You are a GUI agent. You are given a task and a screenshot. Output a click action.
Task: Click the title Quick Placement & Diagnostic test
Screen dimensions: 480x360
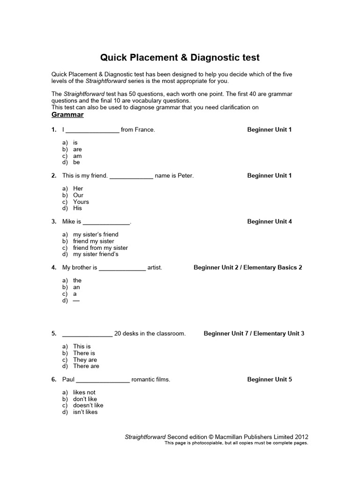click(180, 58)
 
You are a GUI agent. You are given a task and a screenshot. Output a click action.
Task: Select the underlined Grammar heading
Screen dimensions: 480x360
click(67, 115)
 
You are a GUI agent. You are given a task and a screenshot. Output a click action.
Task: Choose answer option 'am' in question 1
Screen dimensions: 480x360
click(77, 156)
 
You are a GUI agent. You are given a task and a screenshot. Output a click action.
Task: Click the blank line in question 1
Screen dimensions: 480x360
click(92, 130)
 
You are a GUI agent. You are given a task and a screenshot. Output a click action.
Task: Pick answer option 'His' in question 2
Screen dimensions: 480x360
click(77, 208)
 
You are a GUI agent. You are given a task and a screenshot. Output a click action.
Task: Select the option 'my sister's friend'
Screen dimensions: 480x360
click(96, 234)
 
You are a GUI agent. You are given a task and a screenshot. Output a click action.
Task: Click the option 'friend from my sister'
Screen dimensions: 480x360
click(100, 247)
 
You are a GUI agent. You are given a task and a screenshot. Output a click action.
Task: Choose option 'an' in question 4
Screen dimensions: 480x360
click(76, 287)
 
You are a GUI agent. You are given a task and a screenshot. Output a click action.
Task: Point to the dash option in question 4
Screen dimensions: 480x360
click(76, 300)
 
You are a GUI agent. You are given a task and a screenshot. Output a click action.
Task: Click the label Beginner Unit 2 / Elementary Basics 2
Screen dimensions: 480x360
click(247, 268)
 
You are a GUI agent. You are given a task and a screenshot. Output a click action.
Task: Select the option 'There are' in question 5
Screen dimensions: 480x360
click(86, 366)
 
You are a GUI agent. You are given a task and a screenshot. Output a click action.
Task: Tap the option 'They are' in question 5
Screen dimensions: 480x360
click(85, 360)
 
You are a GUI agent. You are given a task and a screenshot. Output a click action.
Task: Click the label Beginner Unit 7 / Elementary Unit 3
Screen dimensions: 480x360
click(254, 334)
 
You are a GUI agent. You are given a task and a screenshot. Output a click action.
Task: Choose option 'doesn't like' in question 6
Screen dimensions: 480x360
click(88, 405)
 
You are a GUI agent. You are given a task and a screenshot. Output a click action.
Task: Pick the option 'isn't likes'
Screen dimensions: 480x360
click(85, 412)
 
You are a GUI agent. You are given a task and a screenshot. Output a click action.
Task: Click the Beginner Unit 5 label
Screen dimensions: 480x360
click(270, 380)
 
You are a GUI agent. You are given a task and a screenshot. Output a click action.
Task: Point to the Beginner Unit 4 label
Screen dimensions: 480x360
click(270, 222)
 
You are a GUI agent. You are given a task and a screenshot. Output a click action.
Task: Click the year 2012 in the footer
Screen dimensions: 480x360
click(300, 436)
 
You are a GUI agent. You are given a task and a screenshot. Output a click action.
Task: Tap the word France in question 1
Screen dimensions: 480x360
click(145, 130)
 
